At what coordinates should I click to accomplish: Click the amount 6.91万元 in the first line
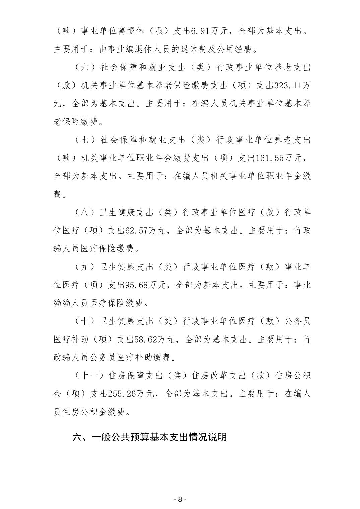click(209, 31)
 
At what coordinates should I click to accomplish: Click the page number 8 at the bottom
click(180, 499)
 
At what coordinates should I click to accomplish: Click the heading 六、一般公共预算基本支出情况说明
click(150, 437)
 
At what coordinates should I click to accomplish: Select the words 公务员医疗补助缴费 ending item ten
click(130, 357)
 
